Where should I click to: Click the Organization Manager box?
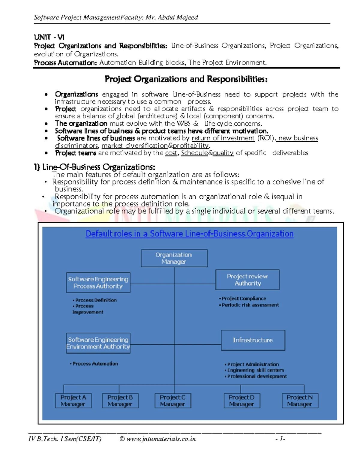[x=174, y=258]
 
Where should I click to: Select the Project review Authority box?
[x=247, y=280]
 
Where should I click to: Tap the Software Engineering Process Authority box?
[x=98, y=282]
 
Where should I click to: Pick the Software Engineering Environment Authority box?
[x=98, y=343]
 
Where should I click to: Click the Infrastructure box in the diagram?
[x=253, y=340]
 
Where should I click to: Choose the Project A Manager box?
[x=73, y=401]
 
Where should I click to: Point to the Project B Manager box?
[x=120, y=401]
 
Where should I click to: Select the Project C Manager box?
[x=173, y=401]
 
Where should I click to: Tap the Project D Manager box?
[x=242, y=401]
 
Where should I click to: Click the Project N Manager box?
[x=300, y=401]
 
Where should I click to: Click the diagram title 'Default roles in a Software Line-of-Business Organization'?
[x=189, y=234]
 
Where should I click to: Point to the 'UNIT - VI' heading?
[x=49, y=37]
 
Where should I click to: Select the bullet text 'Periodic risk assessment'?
[x=250, y=305]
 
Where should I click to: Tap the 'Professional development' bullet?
[x=257, y=376]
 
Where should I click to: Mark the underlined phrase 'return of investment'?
[x=223, y=138]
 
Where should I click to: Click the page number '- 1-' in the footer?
[x=280, y=439]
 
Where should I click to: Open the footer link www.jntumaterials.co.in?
[x=161, y=439]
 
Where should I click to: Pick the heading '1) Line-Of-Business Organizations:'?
[x=94, y=167]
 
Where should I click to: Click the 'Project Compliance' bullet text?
[x=244, y=299]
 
